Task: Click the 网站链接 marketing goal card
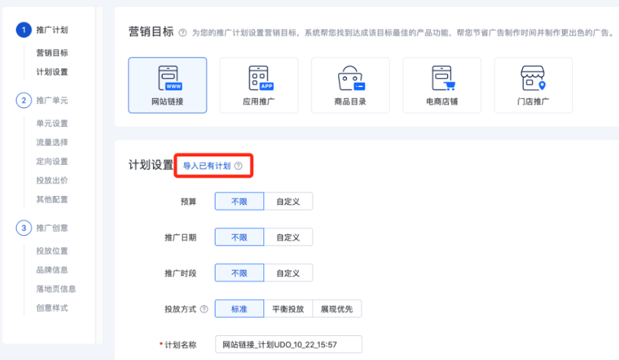[x=167, y=85]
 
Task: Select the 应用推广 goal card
[x=259, y=85]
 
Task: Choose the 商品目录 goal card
[x=350, y=85]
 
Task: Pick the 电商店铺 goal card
[x=441, y=85]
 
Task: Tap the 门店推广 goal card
[x=533, y=85]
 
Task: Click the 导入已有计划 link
[x=207, y=166]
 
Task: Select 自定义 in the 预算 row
[x=288, y=202]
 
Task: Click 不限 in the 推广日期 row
[x=239, y=237]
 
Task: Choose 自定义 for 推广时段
[x=288, y=273]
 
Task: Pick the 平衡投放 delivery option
[x=288, y=309]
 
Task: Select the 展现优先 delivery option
[x=337, y=309]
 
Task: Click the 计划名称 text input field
[x=288, y=344]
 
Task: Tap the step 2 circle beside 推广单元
[x=24, y=101]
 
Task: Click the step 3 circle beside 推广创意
[x=24, y=228]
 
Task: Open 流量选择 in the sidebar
[x=52, y=143]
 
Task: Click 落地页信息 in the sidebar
[x=56, y=289]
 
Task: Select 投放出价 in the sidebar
[x=52, y=180]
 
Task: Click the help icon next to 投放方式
[x=204, y=310]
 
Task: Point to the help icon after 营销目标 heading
[x=182, y=33]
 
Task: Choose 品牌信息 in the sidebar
[x=52, y=270]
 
